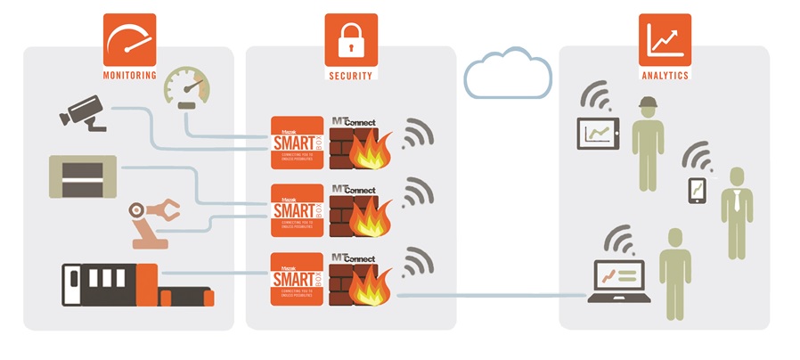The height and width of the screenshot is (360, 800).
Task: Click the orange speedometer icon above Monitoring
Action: pos(130,38)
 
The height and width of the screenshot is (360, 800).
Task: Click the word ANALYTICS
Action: pos(665,76)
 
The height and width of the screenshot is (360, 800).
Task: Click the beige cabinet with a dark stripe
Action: pos(83,176)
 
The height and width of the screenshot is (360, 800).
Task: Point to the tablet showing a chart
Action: pos(599,135)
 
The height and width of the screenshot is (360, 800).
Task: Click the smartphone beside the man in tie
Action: pos(697,191)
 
